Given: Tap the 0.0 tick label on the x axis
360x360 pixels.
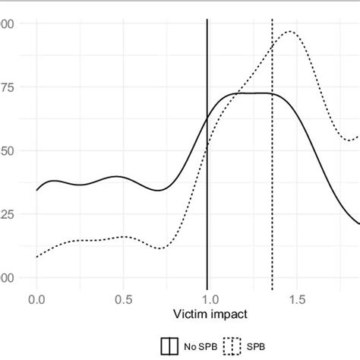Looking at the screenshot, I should [36, 299].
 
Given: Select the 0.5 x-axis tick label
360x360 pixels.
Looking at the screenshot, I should [123, 299].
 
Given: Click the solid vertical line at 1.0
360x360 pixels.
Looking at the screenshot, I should [207, 228].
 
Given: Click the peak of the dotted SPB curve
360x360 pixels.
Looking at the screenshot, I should [289, 32].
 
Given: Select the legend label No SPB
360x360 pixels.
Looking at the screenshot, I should [194, 346].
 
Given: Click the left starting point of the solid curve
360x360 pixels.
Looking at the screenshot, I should [36, 190].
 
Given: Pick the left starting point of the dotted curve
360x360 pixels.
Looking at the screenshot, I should [36, 257].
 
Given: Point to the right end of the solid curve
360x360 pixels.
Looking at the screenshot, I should [358, 223].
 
